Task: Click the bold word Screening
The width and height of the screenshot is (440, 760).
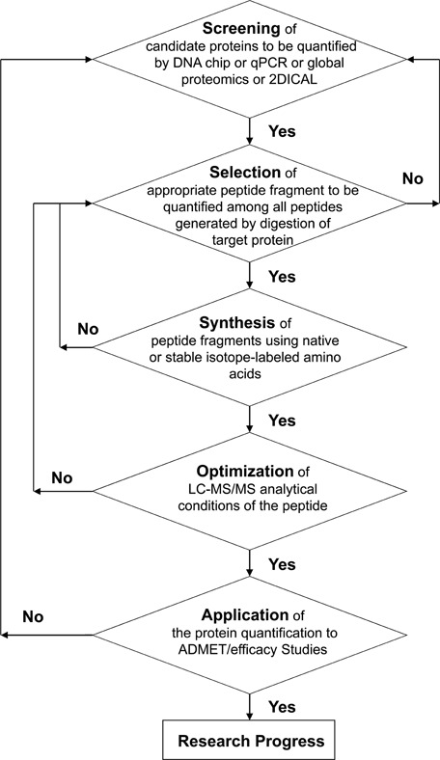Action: coord(241,29)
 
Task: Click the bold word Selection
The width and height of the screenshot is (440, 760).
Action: coord(245,172)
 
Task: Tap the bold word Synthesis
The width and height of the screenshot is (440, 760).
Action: coord(237,322)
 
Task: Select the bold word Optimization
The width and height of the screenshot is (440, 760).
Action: coord(245,471)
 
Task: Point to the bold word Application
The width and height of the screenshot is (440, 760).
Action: coord(245,615)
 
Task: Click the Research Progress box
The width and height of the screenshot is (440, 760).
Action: coord(248,740)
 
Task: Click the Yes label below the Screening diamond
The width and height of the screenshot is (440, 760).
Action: coord(282,131)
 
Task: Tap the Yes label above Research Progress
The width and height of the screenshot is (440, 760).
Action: coord(282,707)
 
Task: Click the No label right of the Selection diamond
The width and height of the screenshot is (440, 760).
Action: coord(413,178)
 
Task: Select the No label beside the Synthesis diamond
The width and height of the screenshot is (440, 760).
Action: coord(88,330)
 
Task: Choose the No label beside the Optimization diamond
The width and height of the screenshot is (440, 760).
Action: coord(62,478)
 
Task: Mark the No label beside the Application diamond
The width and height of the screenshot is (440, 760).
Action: coord(33,617)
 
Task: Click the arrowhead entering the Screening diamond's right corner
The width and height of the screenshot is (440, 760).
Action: coord(410,60)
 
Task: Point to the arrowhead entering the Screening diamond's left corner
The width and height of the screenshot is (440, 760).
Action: coord(89,60)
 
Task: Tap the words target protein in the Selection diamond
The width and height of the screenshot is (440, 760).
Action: coord(248,239)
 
